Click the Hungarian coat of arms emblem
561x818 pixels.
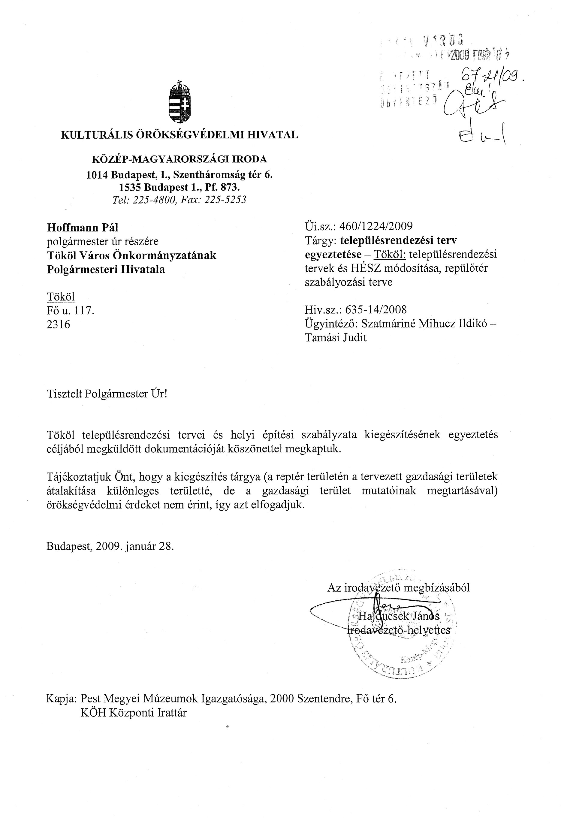coord(180,102)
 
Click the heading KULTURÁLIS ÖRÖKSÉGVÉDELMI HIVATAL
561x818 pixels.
coord(179,135)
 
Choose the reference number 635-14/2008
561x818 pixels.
coord(376,310)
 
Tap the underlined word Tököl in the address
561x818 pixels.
coord(61,297)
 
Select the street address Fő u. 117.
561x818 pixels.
coord(71,310)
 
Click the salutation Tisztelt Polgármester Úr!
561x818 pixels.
coord(107,394)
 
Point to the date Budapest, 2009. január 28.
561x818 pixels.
coord(110,546)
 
